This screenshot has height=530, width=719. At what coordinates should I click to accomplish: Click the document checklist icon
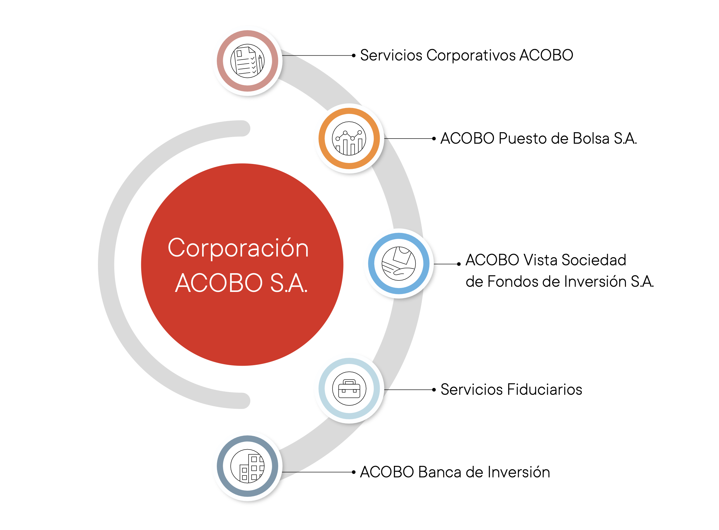pos(247,61)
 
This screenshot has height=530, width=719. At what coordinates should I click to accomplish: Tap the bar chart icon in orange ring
pos(349,138)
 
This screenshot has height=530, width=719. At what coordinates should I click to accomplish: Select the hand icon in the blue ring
pos(399,263)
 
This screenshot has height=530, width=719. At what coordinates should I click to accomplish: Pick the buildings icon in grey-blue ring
pos(247,466)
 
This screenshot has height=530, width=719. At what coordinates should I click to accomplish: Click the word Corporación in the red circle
pos(238,248)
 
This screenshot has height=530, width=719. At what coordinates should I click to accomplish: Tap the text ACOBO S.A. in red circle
pos(241,283)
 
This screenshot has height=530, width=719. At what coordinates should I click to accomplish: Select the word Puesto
pos(522,138)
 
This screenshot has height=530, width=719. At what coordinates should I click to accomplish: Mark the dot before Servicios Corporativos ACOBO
pos(353,55)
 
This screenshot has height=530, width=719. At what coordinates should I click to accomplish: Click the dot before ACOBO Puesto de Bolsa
pos(434,139)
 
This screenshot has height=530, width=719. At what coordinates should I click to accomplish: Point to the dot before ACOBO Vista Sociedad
pos(459,264)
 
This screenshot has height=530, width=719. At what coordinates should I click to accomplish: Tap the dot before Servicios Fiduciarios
pos(434,390)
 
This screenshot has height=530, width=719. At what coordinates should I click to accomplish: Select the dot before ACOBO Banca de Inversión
pos(353,472)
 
